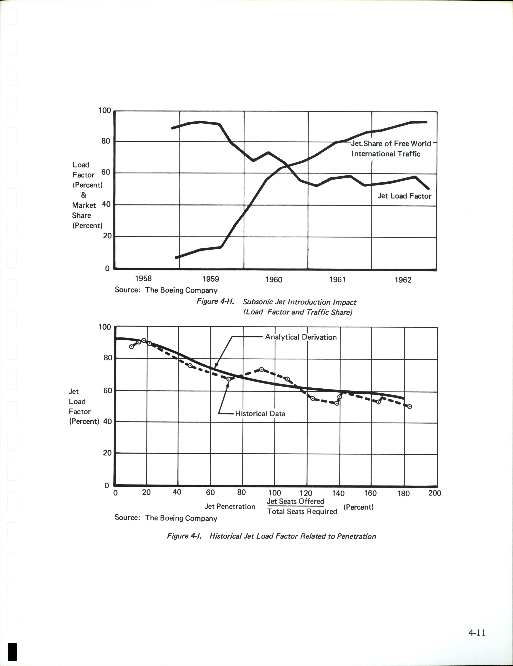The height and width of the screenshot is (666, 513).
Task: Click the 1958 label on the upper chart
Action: click(143, 278)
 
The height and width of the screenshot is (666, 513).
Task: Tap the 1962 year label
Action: click(403, 280)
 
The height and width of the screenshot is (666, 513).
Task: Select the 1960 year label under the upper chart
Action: click(274, 279)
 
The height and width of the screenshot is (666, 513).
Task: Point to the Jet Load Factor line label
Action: click(404, 196)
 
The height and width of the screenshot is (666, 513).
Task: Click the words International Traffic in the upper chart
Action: click(386, 154)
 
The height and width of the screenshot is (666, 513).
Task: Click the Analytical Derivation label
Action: click(301, 337)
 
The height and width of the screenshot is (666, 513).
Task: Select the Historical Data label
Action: click(260, 414)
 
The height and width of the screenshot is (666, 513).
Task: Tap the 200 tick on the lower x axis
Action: click(434, 493)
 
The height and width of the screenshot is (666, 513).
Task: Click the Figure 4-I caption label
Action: click(184, 536)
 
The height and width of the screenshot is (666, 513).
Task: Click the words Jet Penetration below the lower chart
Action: click(230, 507)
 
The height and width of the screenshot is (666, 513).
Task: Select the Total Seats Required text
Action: click(302, 511)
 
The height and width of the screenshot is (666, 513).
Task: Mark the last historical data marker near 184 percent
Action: click(410, 406)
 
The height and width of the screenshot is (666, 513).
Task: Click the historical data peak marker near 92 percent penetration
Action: click(261, 369)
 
